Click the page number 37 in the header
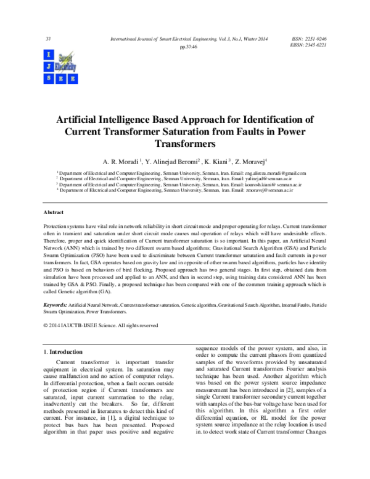point(48,39)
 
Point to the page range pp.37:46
point(188,46)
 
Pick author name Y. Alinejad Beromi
point(172,160)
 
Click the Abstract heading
point(53,212)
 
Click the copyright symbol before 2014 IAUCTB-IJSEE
point(46,325)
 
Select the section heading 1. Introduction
point(61,351)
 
